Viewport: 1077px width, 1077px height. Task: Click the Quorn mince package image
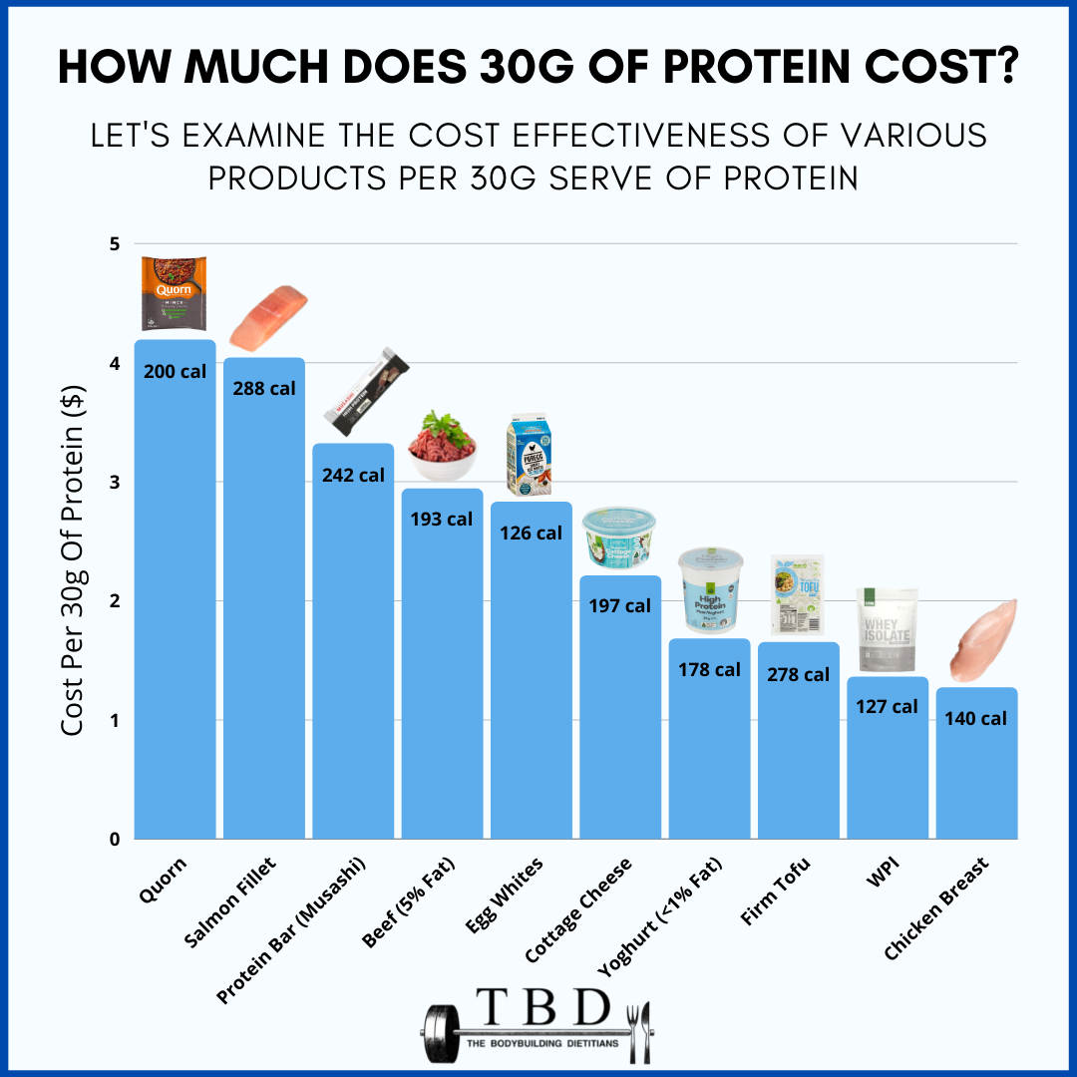176,293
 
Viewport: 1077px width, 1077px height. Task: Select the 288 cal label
263,388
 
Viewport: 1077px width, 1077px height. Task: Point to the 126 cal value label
531,533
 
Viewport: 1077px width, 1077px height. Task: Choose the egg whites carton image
531,457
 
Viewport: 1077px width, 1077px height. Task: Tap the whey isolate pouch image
888,631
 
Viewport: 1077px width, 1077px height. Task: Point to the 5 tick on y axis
114,244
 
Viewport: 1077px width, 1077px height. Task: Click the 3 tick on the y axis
114,483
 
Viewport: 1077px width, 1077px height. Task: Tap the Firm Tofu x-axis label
775,891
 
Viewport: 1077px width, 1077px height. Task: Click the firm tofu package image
797,596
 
